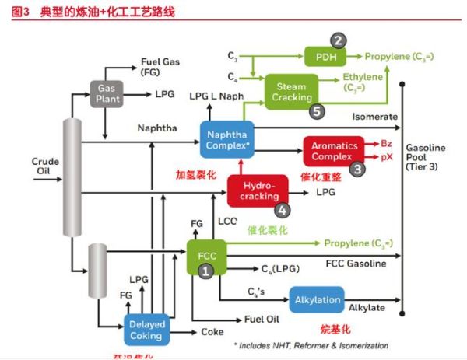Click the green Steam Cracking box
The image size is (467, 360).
pyautogui.click(x=292, y=90)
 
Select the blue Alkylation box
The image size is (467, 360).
pyautogui.click(x=317, y=299)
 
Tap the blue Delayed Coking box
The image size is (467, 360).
pyautogui.click(x=146, y=329)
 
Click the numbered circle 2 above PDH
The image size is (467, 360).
pyautogui.click(x=337, y=40)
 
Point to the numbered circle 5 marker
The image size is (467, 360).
pyautogui.click(x=316, y=111)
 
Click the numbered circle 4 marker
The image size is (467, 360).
pyautogui.click(x=283, y=208)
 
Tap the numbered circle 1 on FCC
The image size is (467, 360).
pyautogui.click(x=205, y=271)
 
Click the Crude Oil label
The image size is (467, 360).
pyautogui.click(x=45, y=166)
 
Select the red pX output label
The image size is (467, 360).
pyautogui.click(x=386, y=156)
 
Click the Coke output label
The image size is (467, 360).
pyautogui.click(x=212, y=330)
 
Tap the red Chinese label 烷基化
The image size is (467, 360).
pyautogui.click(x=336, y=329)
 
